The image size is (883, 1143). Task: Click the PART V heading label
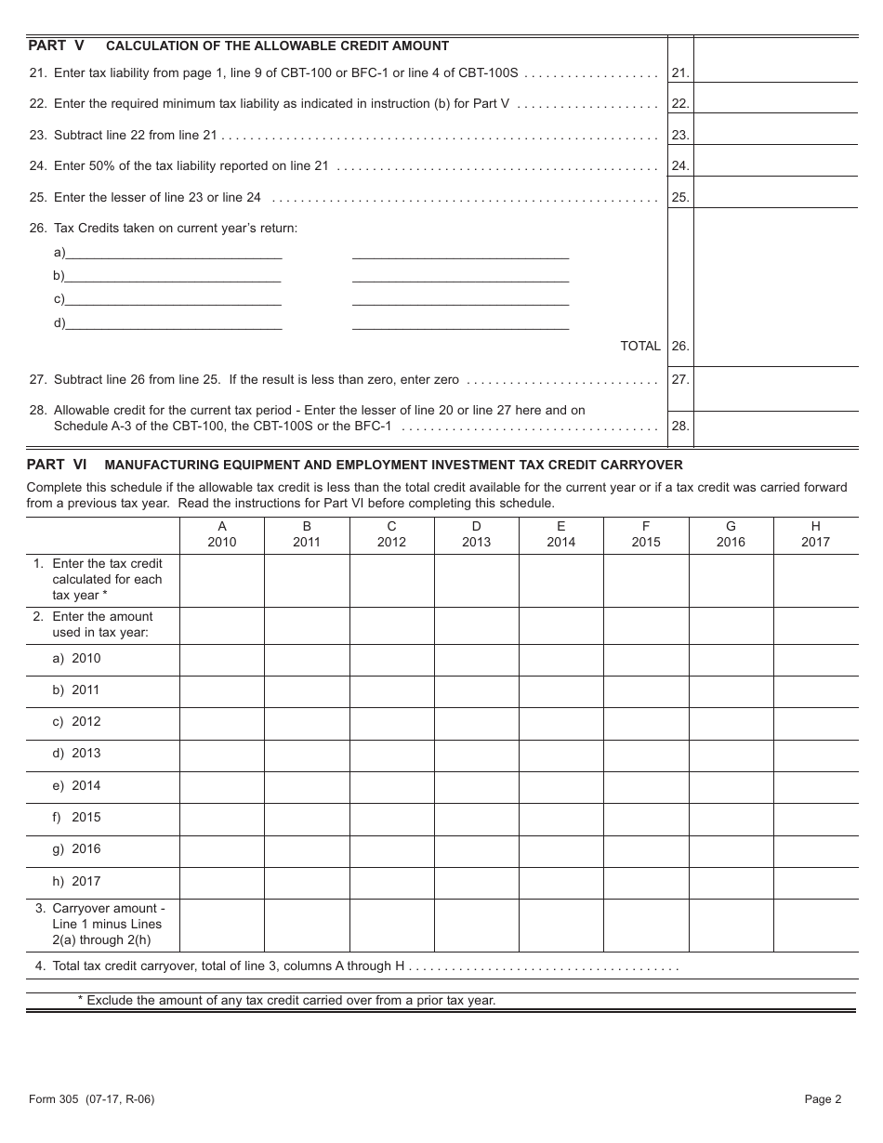click(56, 46)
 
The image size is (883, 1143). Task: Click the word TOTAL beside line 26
click(640, 346)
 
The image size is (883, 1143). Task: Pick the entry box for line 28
click(775, 427)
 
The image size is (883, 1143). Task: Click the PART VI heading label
click(57, 464)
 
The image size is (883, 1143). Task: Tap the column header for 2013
click(476, 534)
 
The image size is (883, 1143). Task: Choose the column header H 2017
click(815, 534)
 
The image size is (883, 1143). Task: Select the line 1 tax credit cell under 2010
click(221, 580)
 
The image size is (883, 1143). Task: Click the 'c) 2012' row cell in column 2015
click(646, 722)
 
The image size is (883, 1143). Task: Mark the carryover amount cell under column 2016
click(731, 925)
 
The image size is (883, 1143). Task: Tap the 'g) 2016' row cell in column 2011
click(307, 849)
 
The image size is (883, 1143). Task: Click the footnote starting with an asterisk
click(286, 1001)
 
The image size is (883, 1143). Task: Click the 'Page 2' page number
click(823, 1099)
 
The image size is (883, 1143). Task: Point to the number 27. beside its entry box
click(680, 379)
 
